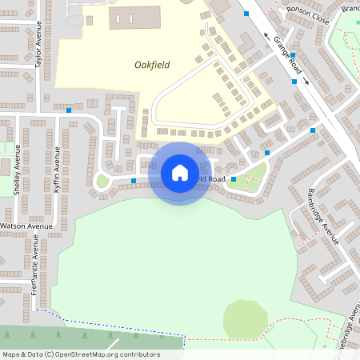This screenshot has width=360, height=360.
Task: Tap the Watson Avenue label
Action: point(26,226)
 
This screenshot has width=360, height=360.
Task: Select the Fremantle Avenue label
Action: point(35,276)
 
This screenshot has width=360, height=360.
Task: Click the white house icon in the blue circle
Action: point(180,173)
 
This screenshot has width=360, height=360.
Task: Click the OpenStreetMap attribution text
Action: point(81,354)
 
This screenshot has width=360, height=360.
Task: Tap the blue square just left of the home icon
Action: point(133,181)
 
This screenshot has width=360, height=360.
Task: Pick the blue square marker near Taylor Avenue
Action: point(69,110)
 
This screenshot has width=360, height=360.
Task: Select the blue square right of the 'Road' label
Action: point(234,179)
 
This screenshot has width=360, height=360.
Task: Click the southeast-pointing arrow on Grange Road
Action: point(306,82)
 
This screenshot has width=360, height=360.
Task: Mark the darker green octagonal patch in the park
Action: point(245,319)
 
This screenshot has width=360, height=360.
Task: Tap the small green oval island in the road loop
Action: point(102,181)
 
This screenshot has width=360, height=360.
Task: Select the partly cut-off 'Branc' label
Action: point(350,8)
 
